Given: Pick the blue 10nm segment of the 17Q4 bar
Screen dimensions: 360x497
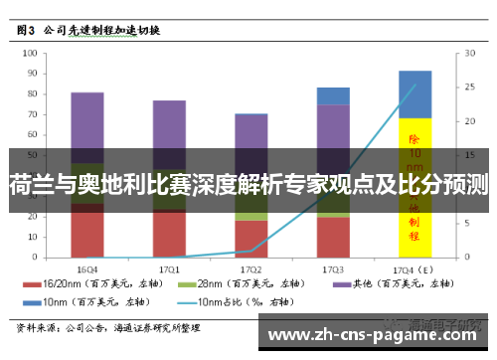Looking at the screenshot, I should point(414,93).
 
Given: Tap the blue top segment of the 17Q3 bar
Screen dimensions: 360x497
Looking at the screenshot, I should point(333,95).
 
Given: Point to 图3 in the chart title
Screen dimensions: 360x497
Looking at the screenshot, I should point(30,31).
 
